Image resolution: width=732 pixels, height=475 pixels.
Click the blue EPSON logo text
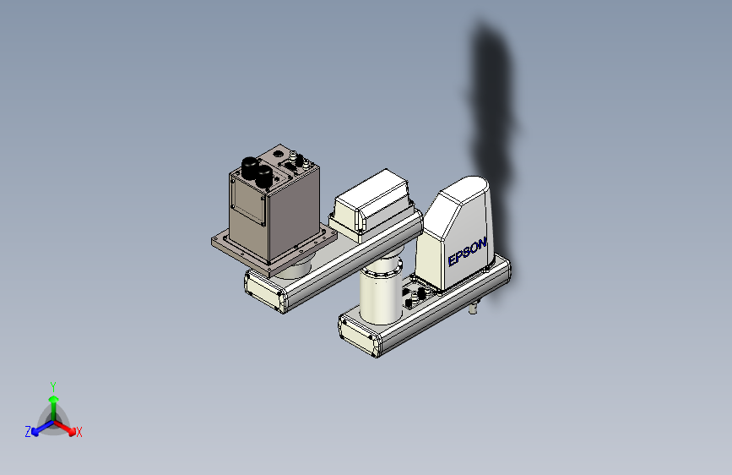coord(467,251)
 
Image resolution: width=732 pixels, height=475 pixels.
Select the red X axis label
coord(79,433)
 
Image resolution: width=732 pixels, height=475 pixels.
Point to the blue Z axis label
coord(28,432)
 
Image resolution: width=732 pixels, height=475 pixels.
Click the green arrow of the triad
coord(53,401)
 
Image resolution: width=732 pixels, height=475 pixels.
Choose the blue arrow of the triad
coord(39,429)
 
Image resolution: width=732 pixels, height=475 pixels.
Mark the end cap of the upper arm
coord(263,290)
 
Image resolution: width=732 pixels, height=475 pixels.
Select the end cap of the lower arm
coord(358,334)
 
